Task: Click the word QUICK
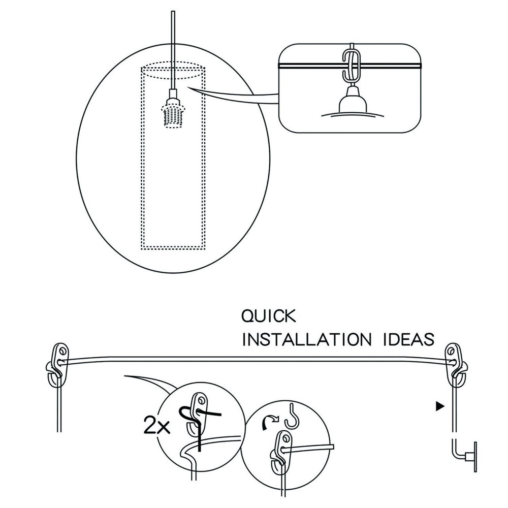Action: click(x=268, y=316)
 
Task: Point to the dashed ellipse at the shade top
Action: click(x=173, y=71)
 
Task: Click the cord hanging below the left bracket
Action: click(x=58, y=406)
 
